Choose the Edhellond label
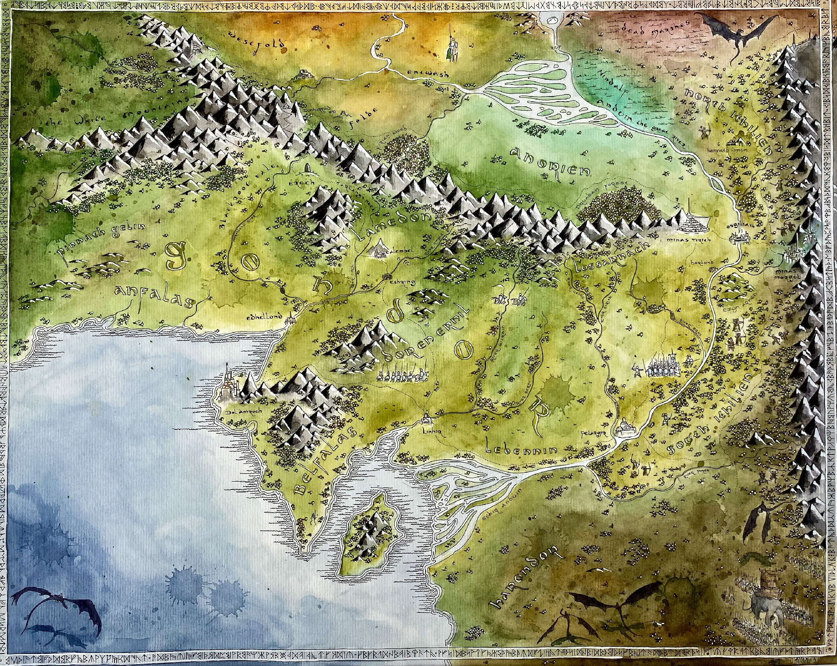point(270,317)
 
